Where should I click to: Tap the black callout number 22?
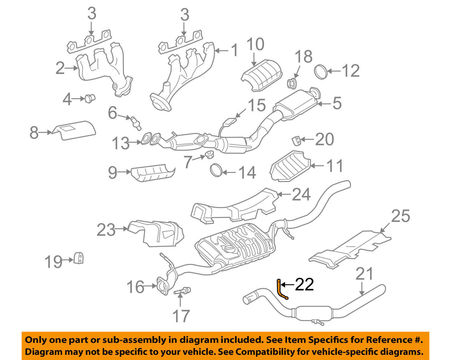(x=304, y=284)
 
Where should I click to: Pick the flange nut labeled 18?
(x=292, y=82)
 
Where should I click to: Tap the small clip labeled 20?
(x=297, y=141)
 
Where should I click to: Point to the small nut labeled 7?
(x=208, y=154)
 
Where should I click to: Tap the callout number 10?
(x=255, y=44)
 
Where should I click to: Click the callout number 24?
(x=301, y=195)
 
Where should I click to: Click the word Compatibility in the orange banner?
(x=264, y=352)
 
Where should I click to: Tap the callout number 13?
(x=120, y=143)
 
